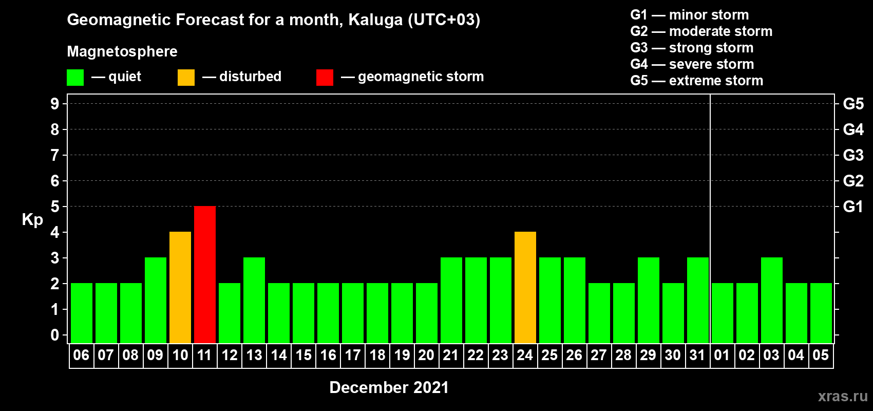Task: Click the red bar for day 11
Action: point(205,274)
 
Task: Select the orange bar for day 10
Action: point(180,287)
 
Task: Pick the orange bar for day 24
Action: point(525,287)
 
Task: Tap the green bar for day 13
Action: point(254,300)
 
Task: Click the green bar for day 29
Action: point(649,300)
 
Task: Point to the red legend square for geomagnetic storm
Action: point(325,77)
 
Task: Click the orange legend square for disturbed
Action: point(186,77)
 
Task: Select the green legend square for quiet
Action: point(75,77)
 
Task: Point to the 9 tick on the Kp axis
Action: point(54,104)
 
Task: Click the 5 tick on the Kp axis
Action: point(54,207)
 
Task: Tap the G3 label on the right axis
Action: point(853,155)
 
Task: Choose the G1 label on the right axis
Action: point(853,207)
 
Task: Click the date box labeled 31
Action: point(697,356)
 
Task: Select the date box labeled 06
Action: point(82,356)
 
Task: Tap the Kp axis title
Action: point(32,220)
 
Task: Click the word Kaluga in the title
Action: point(376,20)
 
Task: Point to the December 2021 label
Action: point(389,387)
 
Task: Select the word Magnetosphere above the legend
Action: point(122,51)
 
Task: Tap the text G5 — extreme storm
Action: point(697,81)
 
